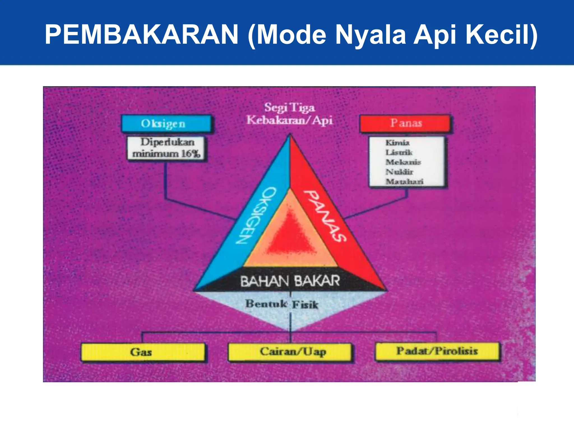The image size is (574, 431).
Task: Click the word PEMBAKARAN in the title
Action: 142,35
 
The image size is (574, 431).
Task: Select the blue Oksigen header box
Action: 166,123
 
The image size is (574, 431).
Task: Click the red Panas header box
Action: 405,123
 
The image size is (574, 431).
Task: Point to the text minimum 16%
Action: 166,154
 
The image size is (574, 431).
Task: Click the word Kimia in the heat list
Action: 397,143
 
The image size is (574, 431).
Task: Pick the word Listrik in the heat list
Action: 399,152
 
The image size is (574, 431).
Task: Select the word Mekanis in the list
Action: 403,162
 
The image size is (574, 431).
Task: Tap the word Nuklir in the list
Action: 399,172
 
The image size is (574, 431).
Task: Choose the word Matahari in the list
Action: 404,182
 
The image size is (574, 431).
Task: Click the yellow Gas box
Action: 142,352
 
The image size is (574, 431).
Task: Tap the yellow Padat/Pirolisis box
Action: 437,351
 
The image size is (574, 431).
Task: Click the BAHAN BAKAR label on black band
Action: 290,281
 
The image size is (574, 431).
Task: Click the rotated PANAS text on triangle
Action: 325,215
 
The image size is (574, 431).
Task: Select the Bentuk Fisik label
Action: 282,304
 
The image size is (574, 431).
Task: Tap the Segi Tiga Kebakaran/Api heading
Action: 290,114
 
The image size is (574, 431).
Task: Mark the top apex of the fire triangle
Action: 290,136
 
